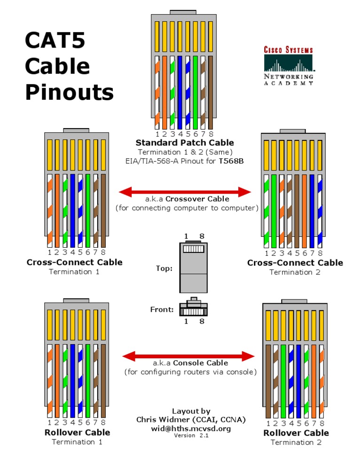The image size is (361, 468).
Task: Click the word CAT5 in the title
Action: (55, 40)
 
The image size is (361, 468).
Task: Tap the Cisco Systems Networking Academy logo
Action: (288, 65)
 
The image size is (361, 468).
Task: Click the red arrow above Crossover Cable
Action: (185, 192)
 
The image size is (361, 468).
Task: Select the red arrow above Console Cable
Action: (188, 355)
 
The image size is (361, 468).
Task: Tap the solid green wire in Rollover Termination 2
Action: (283, 381)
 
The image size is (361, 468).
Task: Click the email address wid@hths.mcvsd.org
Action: (191, 428)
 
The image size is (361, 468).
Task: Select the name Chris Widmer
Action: (166, 420)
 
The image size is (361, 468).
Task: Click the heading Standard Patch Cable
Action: (185, 143)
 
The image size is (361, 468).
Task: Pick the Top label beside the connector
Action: (164, 268)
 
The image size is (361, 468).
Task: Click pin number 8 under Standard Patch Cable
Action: (211, 134)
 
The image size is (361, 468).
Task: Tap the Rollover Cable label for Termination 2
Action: (296, 433)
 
